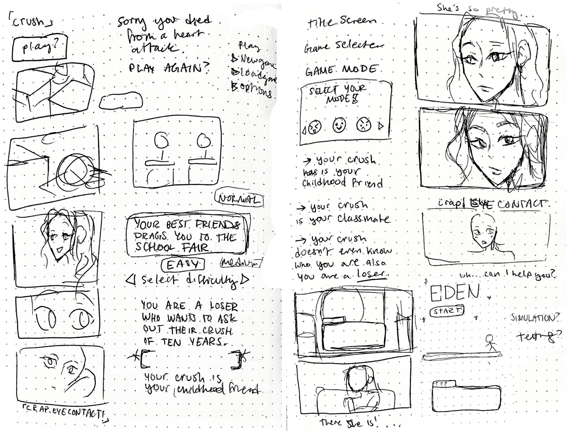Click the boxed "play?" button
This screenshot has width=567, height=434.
(x=40, y=47)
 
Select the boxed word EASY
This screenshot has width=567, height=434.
(x=182, y=265)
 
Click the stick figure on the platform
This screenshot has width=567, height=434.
(x=490, y=343)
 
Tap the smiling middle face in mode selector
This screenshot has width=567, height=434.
(x=339, y=125)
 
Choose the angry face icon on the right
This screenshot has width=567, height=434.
(x=364, y=125)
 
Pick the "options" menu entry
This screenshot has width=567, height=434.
(x=253, y=91)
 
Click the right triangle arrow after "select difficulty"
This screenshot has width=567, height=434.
(x=245, y=279)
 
